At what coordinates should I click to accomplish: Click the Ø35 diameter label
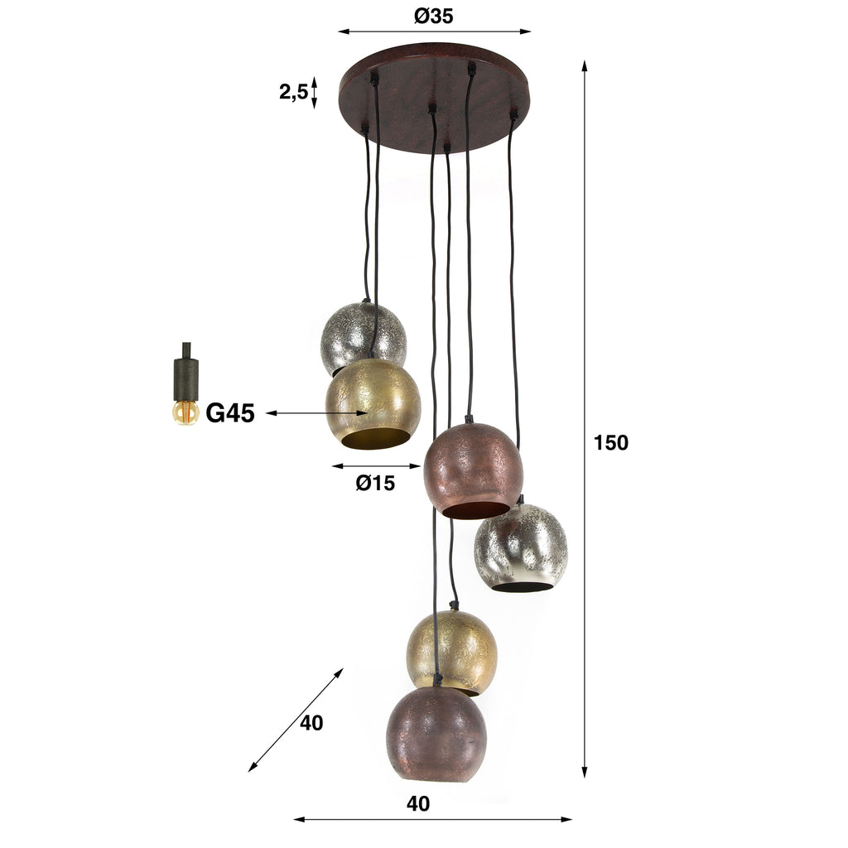click(x=433, y=16)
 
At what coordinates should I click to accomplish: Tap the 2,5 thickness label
click(x=292, y=92)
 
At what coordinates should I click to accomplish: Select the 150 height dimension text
click(x=611, y=443)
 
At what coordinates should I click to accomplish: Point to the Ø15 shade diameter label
click(x=375, y=484)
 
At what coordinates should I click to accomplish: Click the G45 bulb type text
click(x=229, y=413)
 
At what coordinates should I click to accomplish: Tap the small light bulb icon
click(x=185, y=412)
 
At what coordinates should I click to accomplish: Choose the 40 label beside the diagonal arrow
click(x=311, y=723)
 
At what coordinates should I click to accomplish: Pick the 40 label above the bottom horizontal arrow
click(x=419, y=803)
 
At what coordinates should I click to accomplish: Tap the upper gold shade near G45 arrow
click(x=373, y=404)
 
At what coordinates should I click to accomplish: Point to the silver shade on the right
click(x=521, y=547)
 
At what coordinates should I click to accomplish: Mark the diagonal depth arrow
click(x=296, y=720)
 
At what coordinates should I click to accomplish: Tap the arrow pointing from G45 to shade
click(x=316, y=412)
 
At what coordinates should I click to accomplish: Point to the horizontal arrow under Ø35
click(x=434, y=32)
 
